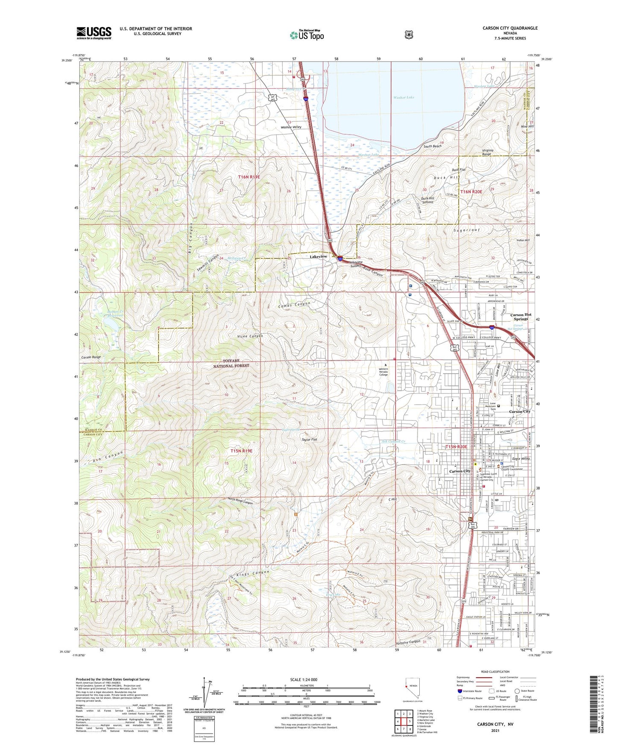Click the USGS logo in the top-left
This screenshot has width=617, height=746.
coord(94,32)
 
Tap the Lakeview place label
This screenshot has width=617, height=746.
coord(318,256)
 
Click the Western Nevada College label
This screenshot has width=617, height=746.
coord(383,372)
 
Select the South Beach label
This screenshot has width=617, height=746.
coord(432,146)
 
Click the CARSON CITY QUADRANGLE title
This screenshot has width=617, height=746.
coord(510,28)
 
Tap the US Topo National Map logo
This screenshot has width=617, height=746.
coord(307,34)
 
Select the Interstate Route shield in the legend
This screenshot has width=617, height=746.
coord(459,690)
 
